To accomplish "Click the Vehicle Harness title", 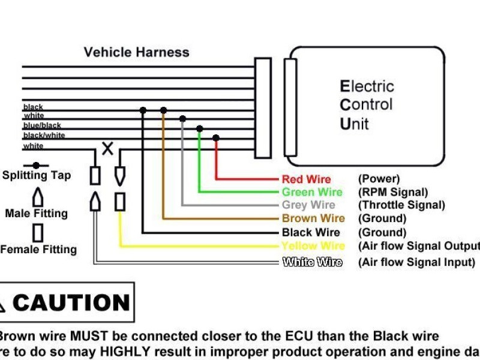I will [x=136, y=52].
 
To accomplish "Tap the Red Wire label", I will [x=306, y=179].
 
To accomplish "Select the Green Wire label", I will [x=312, y=193].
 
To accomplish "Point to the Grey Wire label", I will [x=308, y=205].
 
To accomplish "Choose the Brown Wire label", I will [x=313, y=218].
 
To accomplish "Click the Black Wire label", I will [x=311, y=232].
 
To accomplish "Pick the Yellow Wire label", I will [x=313, y=246].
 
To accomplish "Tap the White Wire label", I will [x=312, y=262].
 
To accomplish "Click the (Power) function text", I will [x=379, y=179].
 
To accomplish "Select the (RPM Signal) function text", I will [x=393, y=193].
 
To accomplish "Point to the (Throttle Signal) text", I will [x=401, y=205].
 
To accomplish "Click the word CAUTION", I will [x=71, y=303].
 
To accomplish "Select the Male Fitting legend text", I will [x=36, y=214].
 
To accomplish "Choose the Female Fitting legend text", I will [x=38, y=250].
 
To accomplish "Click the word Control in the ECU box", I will [x=366, y=105].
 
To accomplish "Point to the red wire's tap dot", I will [x=216, y=138].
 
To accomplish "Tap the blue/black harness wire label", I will [x=42, y=125].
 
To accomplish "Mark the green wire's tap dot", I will [x=199, y=129].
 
